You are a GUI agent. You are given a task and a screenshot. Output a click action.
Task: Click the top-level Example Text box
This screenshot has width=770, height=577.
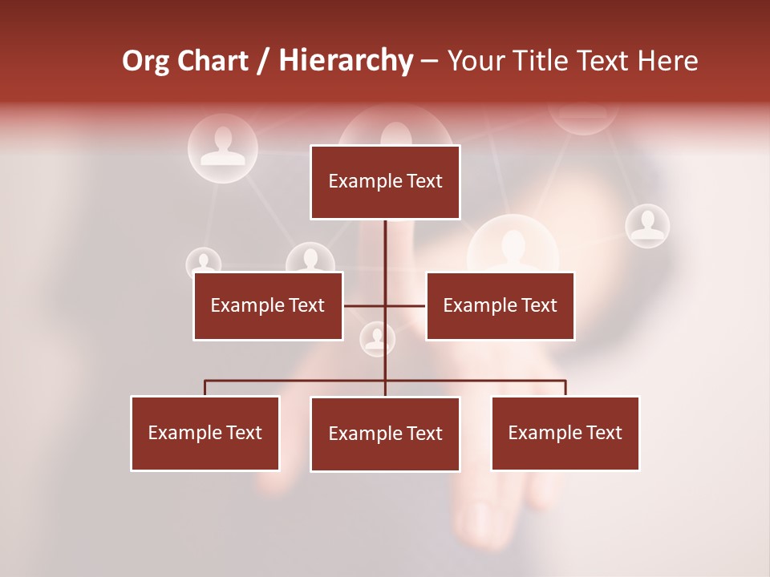[x=385, y=182]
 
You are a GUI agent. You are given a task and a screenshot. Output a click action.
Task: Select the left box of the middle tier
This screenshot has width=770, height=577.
[x=268, y=305]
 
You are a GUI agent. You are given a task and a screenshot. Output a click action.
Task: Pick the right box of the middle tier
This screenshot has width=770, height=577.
[x=500, y=305]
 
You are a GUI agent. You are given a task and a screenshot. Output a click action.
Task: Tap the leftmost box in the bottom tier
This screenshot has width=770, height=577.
[x=205, y=433]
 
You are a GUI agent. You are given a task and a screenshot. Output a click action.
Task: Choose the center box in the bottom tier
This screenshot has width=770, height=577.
[x=385, y=434]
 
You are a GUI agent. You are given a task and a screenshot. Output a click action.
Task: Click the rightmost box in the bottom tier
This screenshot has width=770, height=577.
[x=565, y=433]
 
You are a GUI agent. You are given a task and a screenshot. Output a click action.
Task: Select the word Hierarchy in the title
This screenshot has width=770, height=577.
[x=346, y=61]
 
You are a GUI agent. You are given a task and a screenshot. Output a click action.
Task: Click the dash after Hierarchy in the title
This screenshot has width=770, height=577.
[x=429, y=61]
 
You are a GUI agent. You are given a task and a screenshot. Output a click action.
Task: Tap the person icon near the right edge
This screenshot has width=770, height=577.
[x=647, y=225]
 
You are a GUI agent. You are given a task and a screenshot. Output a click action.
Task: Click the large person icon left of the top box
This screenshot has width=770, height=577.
[x=222, y=147]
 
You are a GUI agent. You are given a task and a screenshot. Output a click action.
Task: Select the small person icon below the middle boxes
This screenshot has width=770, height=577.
[x=377, y=339]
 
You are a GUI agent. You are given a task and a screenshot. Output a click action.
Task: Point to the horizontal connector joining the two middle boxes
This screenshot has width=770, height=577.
[x=365, y=305]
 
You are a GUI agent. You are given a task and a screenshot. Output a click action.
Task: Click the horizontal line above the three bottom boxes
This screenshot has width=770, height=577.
[x=297, y=381]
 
